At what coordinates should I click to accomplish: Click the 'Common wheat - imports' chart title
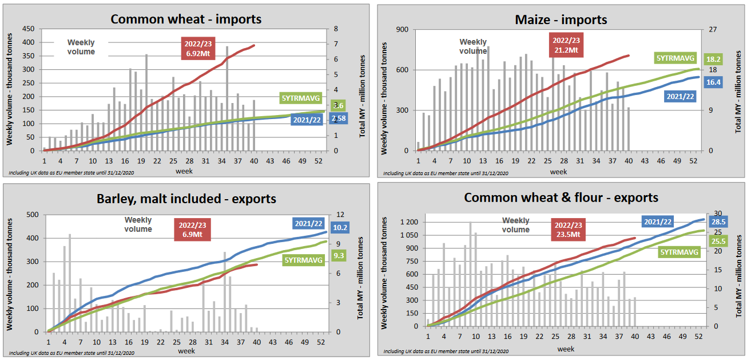186,19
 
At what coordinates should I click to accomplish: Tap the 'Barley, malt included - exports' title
186,199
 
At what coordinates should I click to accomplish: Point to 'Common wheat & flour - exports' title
561,197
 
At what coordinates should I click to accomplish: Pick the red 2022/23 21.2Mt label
566,45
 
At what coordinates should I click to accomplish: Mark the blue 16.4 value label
713,82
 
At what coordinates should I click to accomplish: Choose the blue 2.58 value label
338,118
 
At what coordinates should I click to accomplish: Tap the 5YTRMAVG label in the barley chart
304,260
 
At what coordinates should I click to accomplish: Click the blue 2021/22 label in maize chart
680,96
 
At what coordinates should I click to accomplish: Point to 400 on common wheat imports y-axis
26,42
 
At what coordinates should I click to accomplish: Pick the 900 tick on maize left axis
401,29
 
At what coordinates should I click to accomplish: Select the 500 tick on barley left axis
31,215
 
